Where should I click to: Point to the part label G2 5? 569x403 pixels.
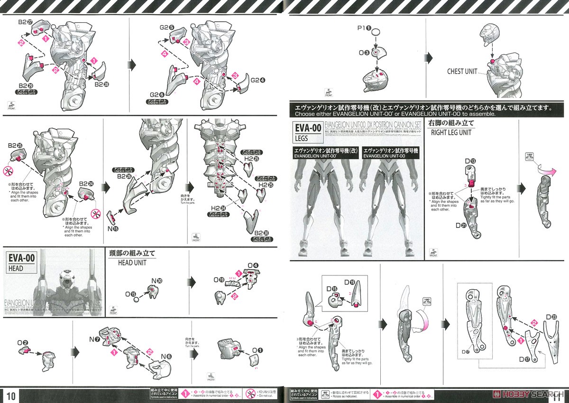tap(166, 27)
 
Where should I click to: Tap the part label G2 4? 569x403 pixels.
tap(258, 80)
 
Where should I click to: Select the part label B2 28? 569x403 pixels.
tap(102, 84)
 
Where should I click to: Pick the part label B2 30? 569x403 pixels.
tap(262, 233)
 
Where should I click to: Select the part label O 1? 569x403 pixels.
tap(257, 350)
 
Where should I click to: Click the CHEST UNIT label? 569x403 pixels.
tap(462, 72)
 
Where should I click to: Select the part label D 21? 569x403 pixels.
tap(461, 226)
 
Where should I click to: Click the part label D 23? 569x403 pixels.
tap(551, 317)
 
